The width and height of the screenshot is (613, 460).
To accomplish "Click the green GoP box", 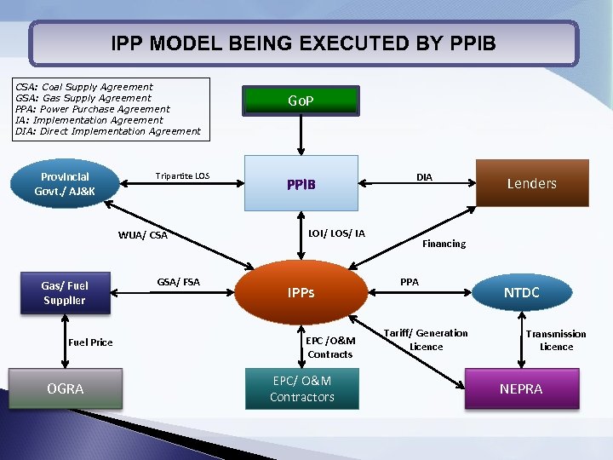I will click(301, 101).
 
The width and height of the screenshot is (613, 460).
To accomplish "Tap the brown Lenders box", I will click(531, 183).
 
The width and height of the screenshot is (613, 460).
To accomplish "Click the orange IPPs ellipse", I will click(301, 292).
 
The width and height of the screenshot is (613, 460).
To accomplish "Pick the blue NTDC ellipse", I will click(521, 292).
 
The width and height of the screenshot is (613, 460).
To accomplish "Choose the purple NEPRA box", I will click(521, 389).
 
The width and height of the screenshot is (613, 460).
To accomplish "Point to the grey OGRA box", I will click(66, 388).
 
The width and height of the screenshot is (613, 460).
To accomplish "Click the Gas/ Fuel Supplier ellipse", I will click(65, 292).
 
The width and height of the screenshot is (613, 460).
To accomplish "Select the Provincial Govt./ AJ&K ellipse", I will click(65, 184).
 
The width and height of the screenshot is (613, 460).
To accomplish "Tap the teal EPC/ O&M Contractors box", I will click(301, 388).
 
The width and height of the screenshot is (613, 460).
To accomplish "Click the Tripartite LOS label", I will click(182, 176).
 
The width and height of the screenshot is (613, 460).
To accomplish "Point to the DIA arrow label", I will click(424, 177).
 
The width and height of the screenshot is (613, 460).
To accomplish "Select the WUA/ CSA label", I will click(143, 235).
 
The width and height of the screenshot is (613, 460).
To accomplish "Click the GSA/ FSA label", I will click(178, 282).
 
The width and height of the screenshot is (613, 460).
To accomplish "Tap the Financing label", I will click(444, 244).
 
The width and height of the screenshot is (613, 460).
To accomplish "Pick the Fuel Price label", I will click(89, 342).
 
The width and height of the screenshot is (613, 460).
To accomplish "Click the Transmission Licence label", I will click(556, 340).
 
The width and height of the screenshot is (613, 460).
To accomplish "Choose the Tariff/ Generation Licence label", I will click(426, 340).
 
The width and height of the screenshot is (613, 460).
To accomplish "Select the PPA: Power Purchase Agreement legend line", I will click(93, 109).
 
